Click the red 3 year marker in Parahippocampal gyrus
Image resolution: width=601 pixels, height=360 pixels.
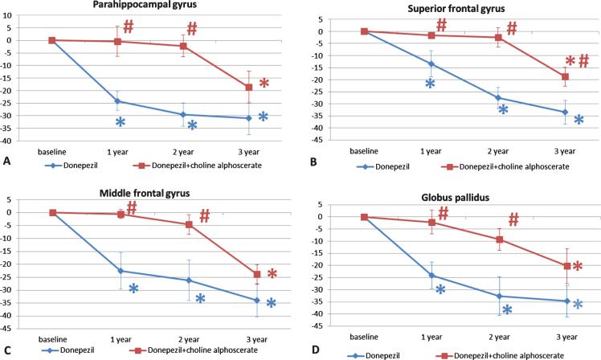[249, 87]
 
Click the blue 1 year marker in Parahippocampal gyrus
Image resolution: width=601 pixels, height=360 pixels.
[118, 101]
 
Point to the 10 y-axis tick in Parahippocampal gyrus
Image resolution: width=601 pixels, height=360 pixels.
[23, 15]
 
